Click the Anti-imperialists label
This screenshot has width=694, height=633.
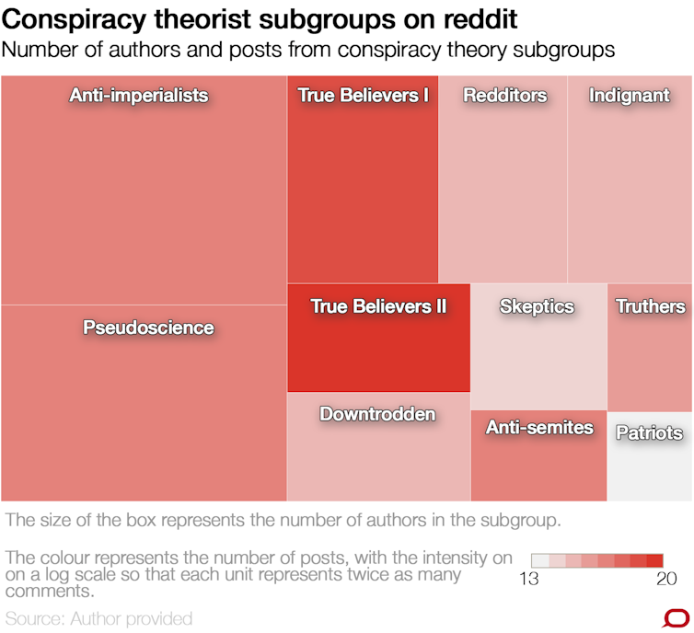pyautogui.click(x=139, y=96)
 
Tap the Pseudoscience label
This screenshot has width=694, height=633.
pyautogui.click(x=148, y=328)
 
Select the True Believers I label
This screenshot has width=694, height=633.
pyautogui.click(x=363, y=95)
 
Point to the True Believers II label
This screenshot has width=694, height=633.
pyautogui.click(x=378, y=306)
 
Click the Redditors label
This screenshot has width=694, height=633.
pyautogui.click(x=504, y=96)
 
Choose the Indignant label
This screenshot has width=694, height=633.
pyautogui.click(x=630, y=96)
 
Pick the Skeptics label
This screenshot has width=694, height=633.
pyautogui.click(x=537, y=307)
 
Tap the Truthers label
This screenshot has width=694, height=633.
pyautogui.click(x=650, y=307)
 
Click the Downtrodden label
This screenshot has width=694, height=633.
pyautogui.click(x=377, y=414)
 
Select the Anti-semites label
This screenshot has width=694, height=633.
pyautogui.click(x=539, y=428)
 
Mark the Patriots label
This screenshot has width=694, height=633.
pyautogui.click(x=649, y=433)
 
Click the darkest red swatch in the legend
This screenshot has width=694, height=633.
pyautogui.click(x=654, y=560)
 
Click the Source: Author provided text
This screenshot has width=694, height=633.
pyautogui.click(x=99, y=617)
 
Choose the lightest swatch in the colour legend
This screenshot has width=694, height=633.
pyautogui.click(x=539, y=560)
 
